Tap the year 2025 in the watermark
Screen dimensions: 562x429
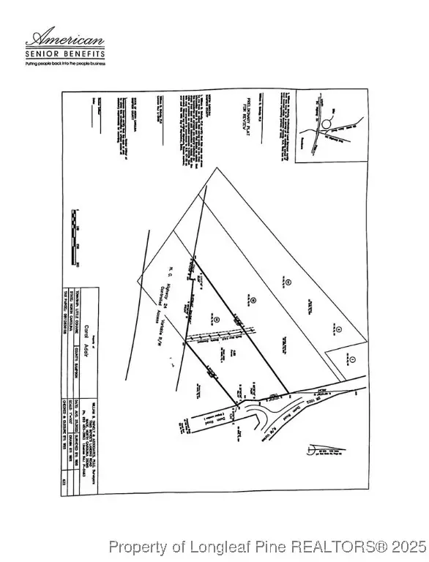409,546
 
